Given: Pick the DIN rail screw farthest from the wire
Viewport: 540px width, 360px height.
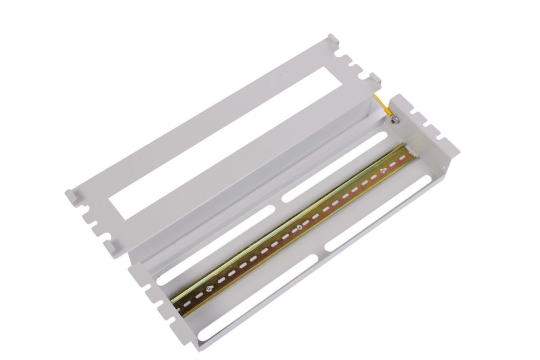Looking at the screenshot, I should tap(209, 289).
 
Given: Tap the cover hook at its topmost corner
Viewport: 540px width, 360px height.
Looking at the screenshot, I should tap(332, 38).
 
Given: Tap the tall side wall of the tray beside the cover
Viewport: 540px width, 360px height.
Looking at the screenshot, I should tap(251, 184).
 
